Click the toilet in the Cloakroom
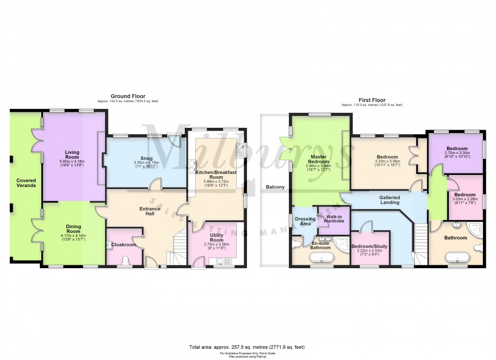[x=126, y=261]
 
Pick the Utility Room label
[x=216, y=237]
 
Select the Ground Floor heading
[x=128, y=96]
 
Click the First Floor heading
[x=372, y=97]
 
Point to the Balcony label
[x=275, y=187]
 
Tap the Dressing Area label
[x=305, y=221]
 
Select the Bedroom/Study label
[x=370, y=246]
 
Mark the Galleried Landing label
[x=390, y=200]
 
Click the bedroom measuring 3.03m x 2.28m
[x=465, y=194]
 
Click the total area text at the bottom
[x=247, y=347]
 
